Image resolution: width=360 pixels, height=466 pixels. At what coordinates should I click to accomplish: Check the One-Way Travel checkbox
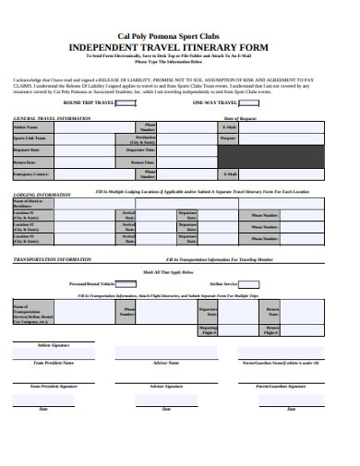click(236, 102)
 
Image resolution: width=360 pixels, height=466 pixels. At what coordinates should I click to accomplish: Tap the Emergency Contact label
click(31, 173)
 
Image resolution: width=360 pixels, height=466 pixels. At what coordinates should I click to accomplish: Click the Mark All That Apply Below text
click(179, 274)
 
